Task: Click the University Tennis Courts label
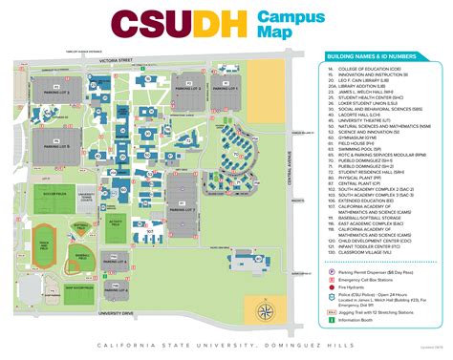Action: tap(86, 196)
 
